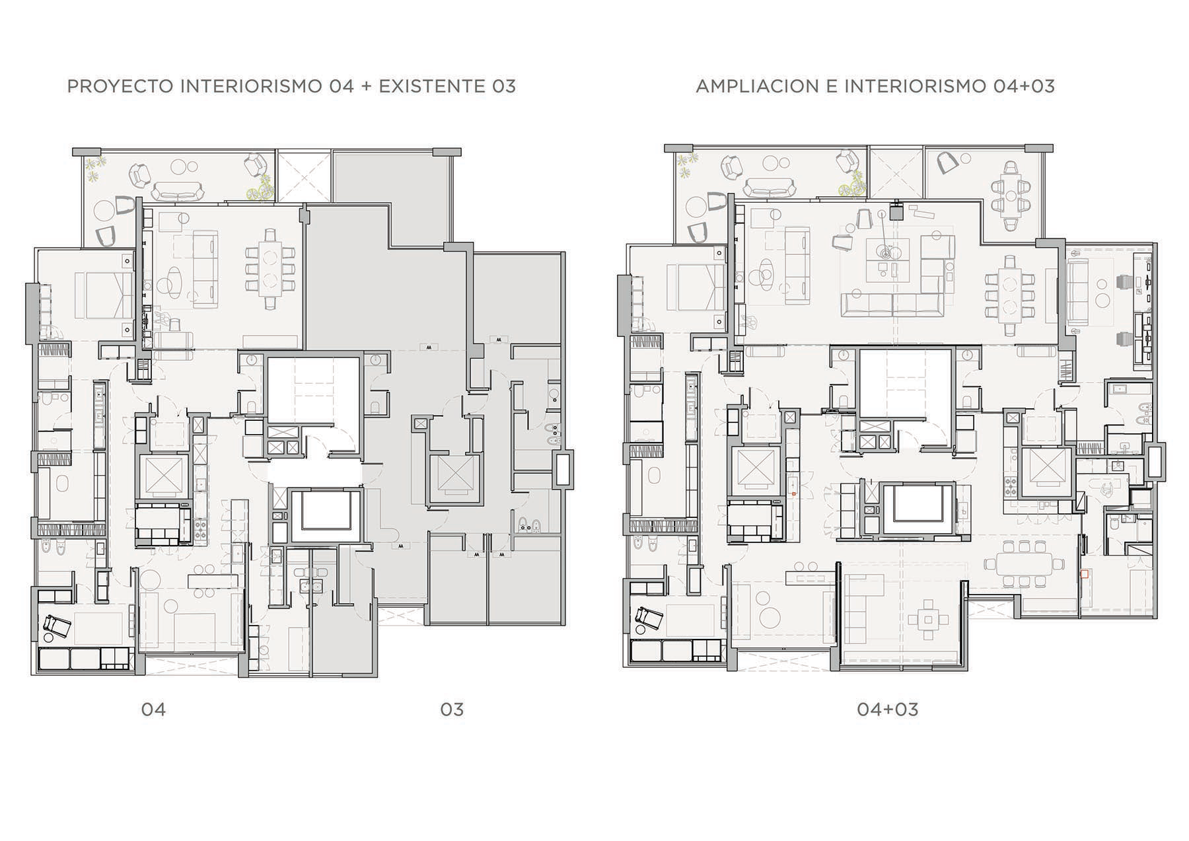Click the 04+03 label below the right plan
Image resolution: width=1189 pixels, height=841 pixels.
887,710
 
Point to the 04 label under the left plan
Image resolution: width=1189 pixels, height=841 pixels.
153,710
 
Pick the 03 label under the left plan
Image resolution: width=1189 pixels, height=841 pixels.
452,710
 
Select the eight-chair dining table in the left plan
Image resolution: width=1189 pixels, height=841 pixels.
270,269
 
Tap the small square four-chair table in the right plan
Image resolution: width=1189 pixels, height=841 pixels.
929,620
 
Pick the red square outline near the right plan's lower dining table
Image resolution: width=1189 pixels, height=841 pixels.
1083,574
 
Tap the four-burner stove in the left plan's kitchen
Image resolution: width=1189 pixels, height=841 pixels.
199,528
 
